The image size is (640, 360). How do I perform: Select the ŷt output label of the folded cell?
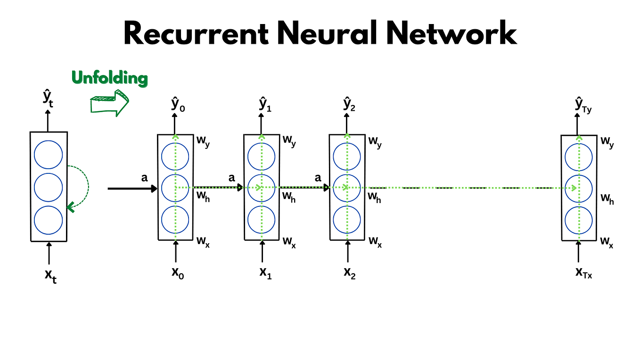48,99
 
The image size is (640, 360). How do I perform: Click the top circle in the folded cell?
49,155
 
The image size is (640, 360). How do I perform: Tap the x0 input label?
178,273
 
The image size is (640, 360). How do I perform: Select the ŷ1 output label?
265,104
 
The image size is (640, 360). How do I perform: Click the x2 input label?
349,273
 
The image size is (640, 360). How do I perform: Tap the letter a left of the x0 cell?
145,178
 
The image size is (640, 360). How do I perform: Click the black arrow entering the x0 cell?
132,188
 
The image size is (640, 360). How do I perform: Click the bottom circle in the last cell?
578,220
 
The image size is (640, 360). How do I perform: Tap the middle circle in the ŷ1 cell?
261,188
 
